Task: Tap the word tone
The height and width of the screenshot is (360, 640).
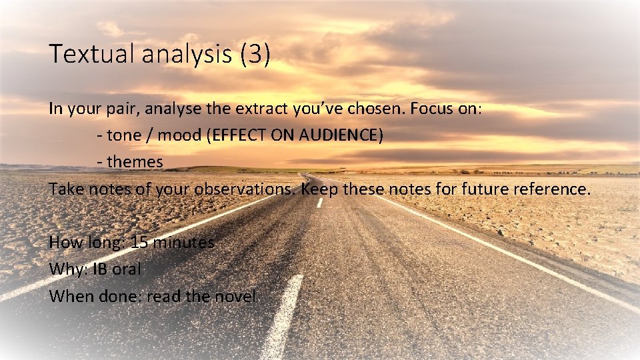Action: tap(123, 136)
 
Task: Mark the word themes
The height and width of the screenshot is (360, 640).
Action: tap(135, 162)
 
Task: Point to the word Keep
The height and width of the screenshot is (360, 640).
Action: tap(319, 189)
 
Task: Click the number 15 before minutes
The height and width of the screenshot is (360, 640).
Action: tap(140, 242)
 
